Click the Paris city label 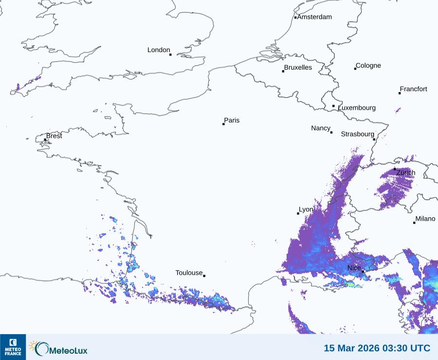[232, 120]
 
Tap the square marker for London [170, 55]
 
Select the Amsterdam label [314, 17]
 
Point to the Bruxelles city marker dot [283, 72]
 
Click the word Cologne [368, 66]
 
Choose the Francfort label [414, 89]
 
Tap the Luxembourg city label [357, 108]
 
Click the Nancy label [321, 128]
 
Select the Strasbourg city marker [374, 139]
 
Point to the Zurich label [406, 173]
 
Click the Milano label [425, 219]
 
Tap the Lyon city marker [298, 213]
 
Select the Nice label [354, 268]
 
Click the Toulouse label [189, 273]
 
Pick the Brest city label [54, 136]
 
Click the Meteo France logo [13, 347]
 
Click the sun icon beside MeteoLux [34, 345]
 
